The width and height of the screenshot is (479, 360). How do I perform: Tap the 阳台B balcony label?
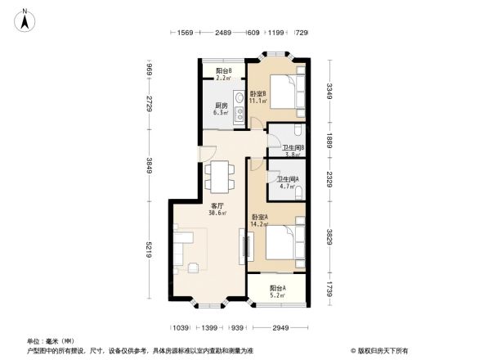[x=223, y=74]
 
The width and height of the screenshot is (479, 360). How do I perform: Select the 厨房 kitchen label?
[x=221, y=109]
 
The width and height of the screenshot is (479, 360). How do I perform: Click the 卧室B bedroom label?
[x=257, y=97]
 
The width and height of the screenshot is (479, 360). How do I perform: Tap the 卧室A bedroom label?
[x=260, y=219]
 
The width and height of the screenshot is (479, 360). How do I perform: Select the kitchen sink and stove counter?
[x=239, y=109]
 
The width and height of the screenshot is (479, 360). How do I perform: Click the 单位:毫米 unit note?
[x=51, y=341]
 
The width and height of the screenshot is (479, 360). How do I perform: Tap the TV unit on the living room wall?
[x=242, y=246]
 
